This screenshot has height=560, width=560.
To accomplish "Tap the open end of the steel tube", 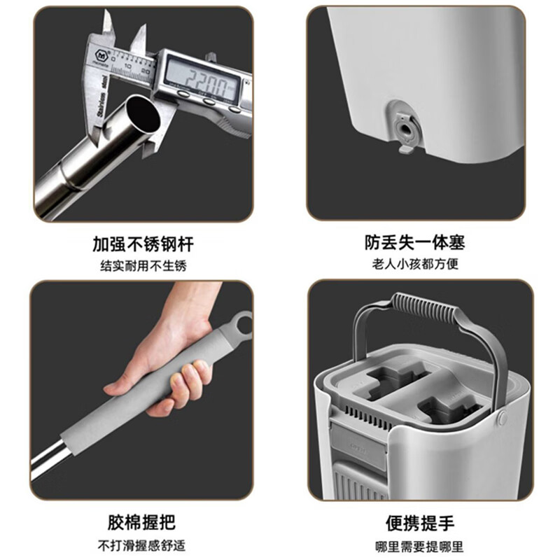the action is pyautogui.click(x=143, y=114).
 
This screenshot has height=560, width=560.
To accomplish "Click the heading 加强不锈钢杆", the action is pyautogui.click(x=143, y=244).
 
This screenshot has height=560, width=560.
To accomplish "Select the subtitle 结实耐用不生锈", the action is pyautogui.click(x=143, y=266).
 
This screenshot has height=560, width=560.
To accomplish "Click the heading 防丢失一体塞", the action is pyautogui.click(x=414, y=242).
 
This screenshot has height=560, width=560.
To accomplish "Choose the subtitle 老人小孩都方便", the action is pyautogui.click(x=415, y=265).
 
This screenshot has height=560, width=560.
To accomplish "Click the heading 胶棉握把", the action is pyautogui.click(x=141, y=522).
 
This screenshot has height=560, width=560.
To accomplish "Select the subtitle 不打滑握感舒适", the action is pyautogui.click(x=141, y=545).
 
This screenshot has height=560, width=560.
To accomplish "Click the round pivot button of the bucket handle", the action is pyautogui.click(x=503, y=416).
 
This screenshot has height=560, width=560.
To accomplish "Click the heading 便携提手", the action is pyautogui.click(x=419, y=524).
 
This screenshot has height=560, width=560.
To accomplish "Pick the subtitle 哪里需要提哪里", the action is pyautogui.click(x=419, y=546).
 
